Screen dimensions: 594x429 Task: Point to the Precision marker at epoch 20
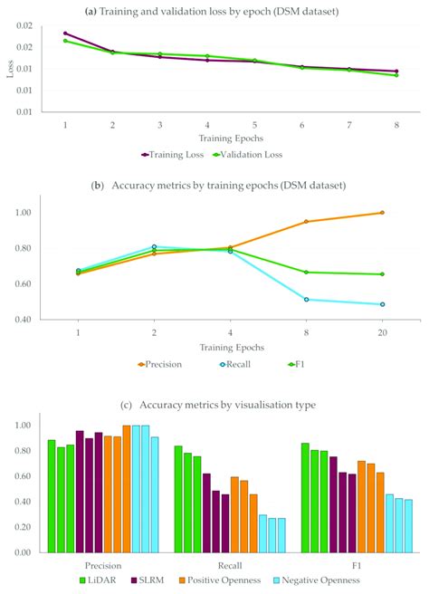click(382, 213)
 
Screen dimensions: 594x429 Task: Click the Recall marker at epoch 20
click(382, 304)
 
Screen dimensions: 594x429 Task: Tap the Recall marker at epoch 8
click(306, 300)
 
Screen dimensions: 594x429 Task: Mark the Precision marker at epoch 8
click(306, 222)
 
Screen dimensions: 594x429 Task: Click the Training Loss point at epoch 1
click(65, 33)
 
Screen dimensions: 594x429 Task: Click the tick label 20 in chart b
click(382, 333)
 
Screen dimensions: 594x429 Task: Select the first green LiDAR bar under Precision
click(52, 495)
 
